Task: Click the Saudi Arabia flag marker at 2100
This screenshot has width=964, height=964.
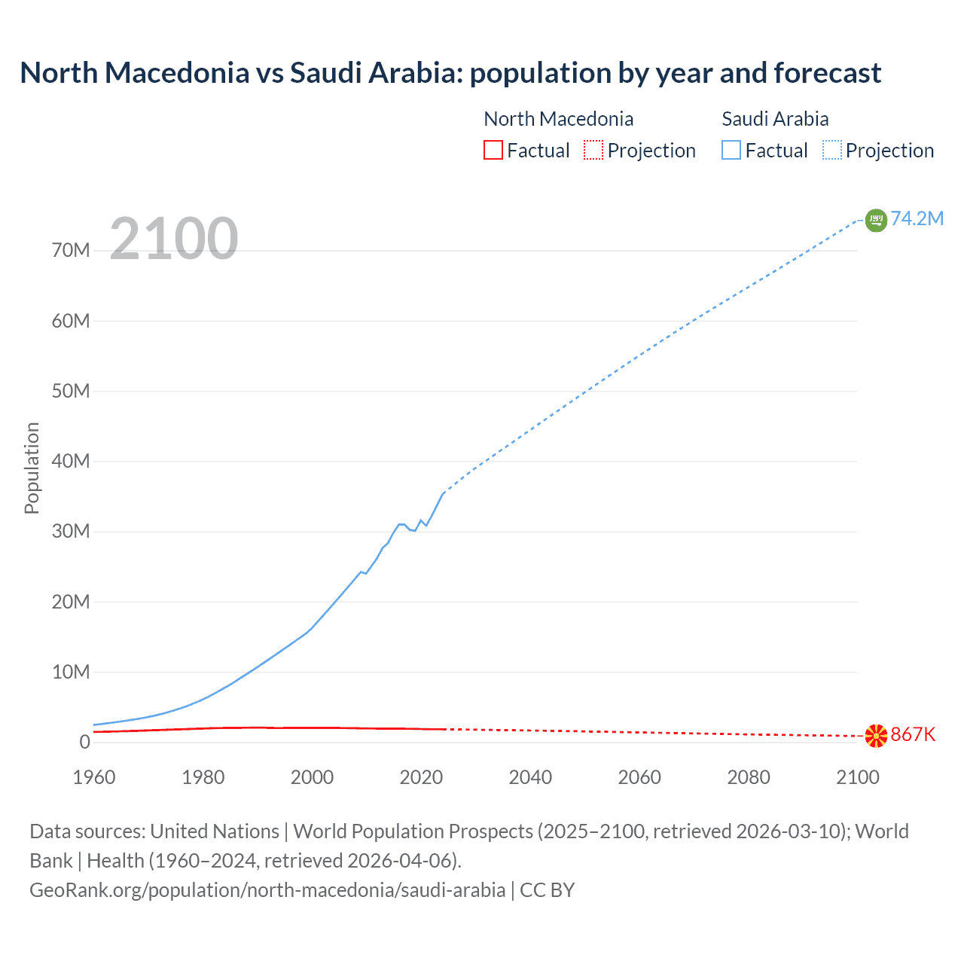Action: coord(876,220)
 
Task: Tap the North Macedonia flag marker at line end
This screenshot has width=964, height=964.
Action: coord(876,736)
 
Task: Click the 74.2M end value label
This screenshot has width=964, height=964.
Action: coord(917,218)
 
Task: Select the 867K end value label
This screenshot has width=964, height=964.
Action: coord(913,734)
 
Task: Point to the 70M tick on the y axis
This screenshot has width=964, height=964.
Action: coord(71,250)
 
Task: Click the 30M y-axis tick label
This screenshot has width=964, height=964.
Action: coord(71,531)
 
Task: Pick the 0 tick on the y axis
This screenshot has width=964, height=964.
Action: coord(84,742)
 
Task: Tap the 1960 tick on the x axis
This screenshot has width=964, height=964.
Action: coord(94,777)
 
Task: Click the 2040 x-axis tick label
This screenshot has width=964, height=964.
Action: coord(530,777)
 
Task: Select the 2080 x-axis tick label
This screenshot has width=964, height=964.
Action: coord(749,777)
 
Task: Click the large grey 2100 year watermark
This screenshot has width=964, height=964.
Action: coord(174,239)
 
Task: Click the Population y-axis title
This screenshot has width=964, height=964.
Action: coord(32,468)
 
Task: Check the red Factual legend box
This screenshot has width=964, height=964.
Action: coord(493,150)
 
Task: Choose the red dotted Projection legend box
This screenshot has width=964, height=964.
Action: coord(593,150)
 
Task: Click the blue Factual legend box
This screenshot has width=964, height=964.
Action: coord(731,150)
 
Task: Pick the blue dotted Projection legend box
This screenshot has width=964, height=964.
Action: coord(832,150)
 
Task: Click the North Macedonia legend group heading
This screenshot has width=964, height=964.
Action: coord(558,119)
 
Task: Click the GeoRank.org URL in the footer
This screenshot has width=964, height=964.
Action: coord(267,890)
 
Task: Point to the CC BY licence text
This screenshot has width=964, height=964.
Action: coord(548,890)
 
